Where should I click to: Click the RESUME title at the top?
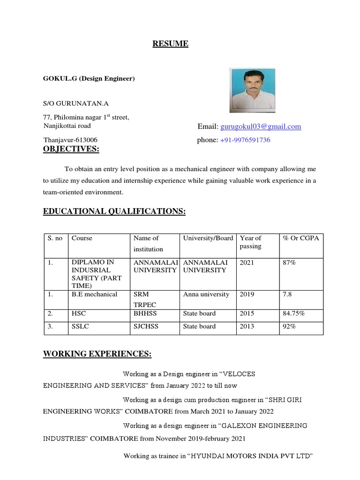[170, 44]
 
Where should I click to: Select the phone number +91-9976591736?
[245, 140]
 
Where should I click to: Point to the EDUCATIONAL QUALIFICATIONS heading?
[114, 212]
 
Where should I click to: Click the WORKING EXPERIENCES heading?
[97, 354]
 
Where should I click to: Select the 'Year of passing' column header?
[250, 242]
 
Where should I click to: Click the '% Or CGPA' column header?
[300, 238]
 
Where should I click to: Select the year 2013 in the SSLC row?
[247, 326]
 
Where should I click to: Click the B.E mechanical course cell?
[94, 294]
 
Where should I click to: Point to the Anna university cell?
[206, 294]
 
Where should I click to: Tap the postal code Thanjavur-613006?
[70, 140]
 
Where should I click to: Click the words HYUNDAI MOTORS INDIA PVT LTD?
[250, 456]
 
